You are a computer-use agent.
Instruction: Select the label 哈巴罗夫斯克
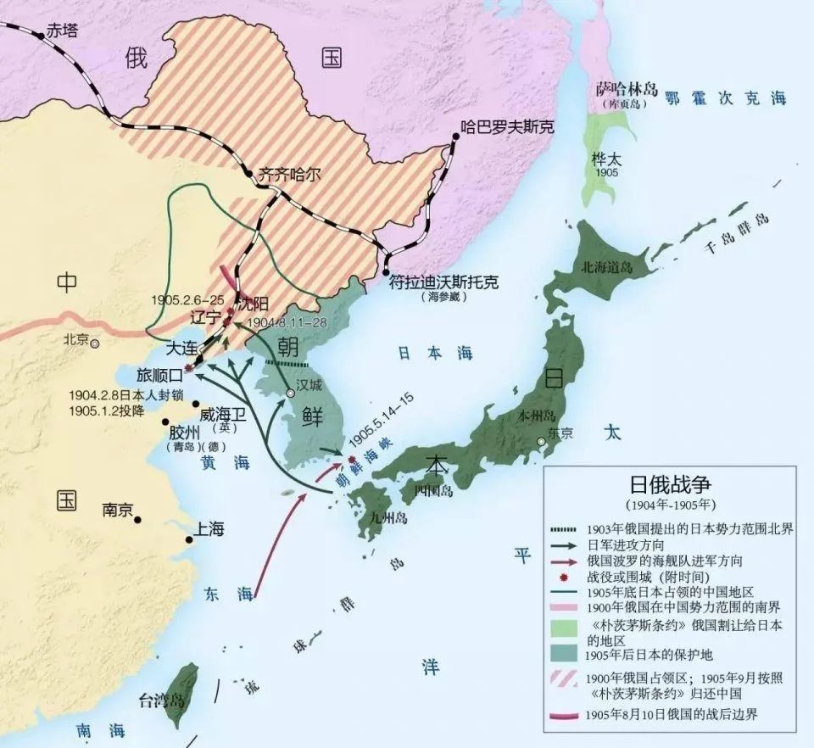[507, 128]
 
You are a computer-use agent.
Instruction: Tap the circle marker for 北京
[95, 343]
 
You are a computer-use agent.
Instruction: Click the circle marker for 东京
[541, 442]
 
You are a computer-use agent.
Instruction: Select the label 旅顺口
[159, 373]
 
